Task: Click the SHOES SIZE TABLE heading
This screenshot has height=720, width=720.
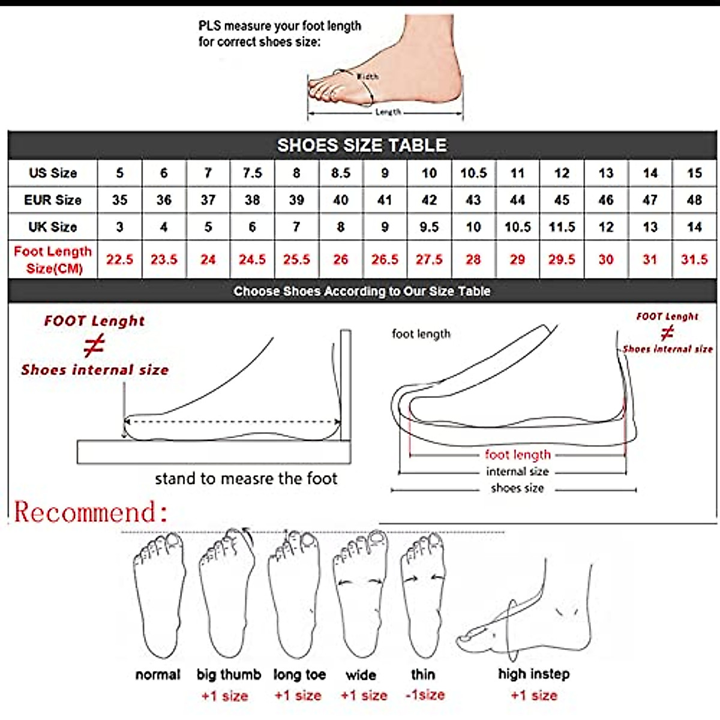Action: (362, 145)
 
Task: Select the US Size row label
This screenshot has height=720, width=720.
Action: (53, 173)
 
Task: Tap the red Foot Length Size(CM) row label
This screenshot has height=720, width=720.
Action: (53, 260)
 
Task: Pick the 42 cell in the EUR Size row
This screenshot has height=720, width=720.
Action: (429, 200)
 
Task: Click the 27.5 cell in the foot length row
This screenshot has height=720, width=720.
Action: (429, 260)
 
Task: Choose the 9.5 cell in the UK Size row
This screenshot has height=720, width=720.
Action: (429, 227)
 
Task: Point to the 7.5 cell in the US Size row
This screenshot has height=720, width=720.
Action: (252, 173)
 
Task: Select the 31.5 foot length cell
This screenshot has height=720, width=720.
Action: (694, 260)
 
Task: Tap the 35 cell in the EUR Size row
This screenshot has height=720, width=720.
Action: (119, 200)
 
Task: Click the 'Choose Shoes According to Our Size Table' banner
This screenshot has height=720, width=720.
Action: (362, 292)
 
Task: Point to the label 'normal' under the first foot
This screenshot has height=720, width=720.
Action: (158, 675)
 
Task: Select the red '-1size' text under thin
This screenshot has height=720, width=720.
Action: (425, 695)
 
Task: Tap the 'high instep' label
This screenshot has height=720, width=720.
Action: (533, 674)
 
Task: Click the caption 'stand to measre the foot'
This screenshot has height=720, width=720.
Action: (246, 479)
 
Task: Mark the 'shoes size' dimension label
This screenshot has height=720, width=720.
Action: (517, 488)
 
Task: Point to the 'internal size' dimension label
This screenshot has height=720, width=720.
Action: (517, 472)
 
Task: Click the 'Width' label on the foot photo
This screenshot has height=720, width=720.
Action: (367, 77)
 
